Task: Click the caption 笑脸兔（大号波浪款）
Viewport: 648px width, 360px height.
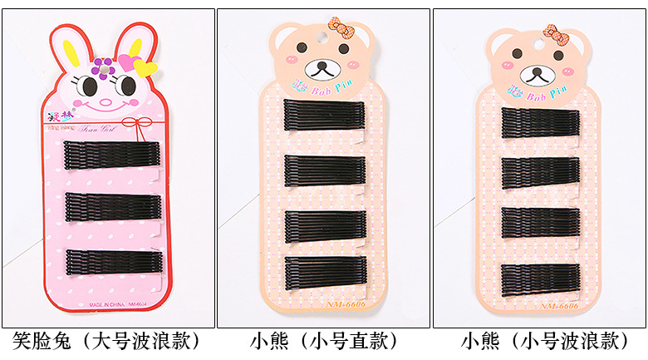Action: click(x=107, y=341)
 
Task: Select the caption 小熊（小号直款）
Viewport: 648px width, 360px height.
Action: click(x=323, y=341)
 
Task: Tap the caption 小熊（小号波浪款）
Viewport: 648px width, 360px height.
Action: click(x=540, y=341)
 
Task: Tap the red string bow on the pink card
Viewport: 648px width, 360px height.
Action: click(x=148, y=123)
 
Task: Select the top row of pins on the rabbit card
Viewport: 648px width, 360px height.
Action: click(x=111, y=155)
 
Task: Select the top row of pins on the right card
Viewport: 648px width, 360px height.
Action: click(x=540, y=122)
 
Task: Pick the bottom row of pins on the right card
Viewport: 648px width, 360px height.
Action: click(x=540, y=278)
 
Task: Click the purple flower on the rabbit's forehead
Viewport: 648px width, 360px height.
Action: click(x=103, y=65)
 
